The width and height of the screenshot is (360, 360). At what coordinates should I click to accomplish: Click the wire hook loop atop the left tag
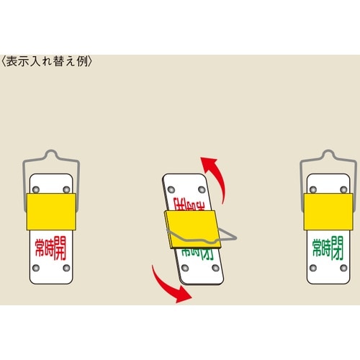pos(50,154)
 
